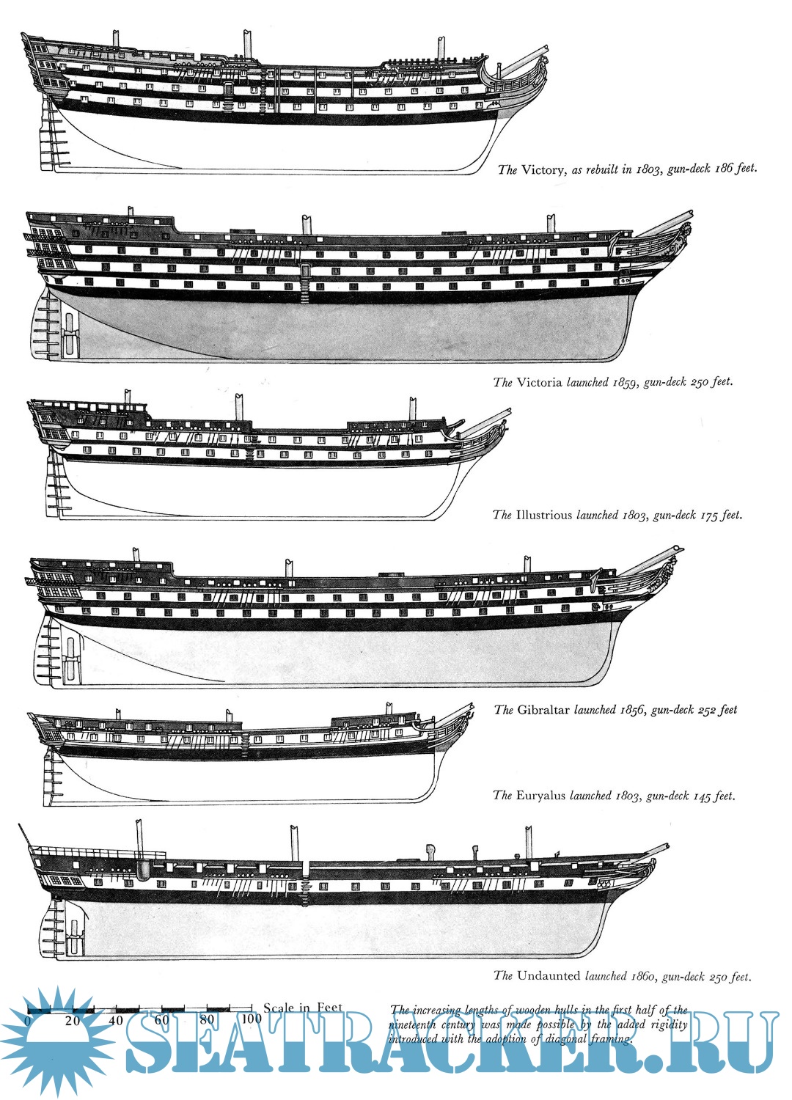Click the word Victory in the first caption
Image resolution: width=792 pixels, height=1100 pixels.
click(543, 170)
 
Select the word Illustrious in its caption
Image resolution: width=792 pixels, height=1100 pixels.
click(543, 515)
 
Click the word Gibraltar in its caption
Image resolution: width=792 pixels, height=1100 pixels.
click(543, 710)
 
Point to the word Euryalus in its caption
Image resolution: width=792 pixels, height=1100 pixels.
click(540, 796)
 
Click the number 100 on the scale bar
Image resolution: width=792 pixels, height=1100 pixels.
click(251, 1019)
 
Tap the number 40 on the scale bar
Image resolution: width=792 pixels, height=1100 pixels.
click(116, 1020)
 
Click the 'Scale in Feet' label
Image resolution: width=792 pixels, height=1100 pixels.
click(303, 1008)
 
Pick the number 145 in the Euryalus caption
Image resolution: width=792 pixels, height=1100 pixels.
click(703, 796)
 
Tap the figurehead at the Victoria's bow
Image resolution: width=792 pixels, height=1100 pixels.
click(683, 236)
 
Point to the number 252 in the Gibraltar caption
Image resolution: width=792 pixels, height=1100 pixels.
click(705, 710)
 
